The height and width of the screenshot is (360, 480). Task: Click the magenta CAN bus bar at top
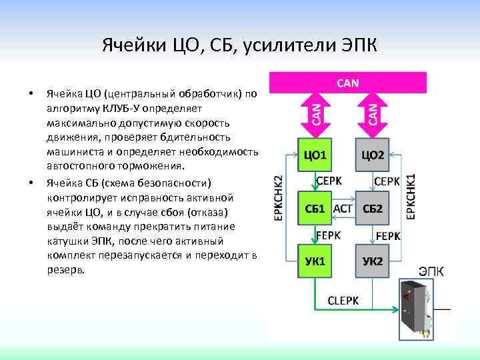coord(347,83)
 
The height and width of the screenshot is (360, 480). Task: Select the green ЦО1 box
coord(314,155)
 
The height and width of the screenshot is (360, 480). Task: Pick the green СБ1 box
coord(314,208)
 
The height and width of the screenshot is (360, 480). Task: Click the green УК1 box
coord(314,261)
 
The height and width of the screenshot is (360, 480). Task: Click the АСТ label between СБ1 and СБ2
coord(343,208)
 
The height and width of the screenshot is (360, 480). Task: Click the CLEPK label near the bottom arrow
coord(343,301)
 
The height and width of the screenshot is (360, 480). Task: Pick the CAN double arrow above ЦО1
coord(316,113)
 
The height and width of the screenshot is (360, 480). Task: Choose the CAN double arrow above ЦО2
coord(373,113)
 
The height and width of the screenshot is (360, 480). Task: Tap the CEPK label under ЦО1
coord(329,181)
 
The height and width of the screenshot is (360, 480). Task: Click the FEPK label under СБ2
coord(388,235)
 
